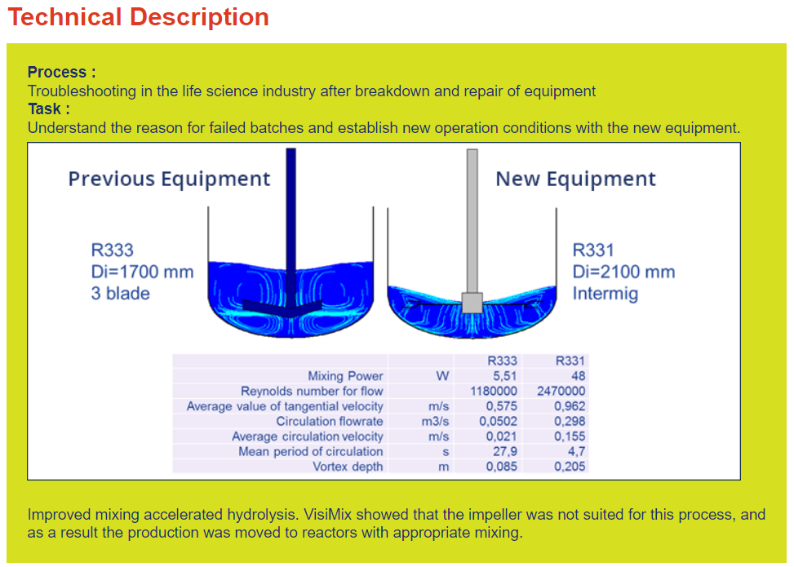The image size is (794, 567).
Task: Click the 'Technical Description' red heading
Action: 138,16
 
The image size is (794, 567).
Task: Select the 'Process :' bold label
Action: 61,72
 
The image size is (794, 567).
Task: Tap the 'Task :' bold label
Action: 49,109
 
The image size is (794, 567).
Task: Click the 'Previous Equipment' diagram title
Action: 169,179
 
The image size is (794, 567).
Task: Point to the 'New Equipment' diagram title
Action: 575,179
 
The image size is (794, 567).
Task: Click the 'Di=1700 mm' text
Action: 142,272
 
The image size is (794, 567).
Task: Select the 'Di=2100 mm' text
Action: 623,272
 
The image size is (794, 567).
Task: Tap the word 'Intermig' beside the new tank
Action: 605,294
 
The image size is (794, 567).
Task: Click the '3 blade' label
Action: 121,294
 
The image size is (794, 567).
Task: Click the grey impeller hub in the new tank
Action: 472,303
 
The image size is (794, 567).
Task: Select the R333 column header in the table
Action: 502,361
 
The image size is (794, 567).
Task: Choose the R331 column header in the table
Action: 570,361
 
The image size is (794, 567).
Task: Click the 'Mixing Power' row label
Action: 345,375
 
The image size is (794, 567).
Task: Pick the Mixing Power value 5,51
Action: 505,375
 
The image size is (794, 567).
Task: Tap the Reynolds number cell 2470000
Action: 561,391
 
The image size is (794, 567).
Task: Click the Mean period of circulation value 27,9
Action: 505,451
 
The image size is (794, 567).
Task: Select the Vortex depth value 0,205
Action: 570,467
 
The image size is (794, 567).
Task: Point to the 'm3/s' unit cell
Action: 435,421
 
